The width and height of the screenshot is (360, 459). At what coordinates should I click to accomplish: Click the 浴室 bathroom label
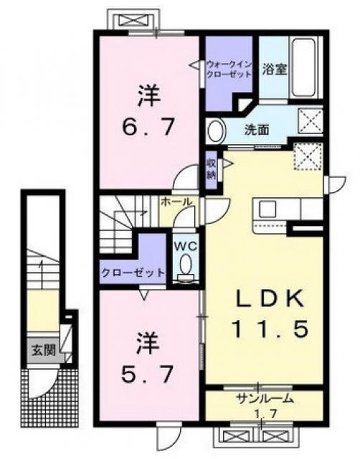pos(274,70)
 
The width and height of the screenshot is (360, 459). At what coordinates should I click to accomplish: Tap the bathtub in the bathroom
pos(304,68)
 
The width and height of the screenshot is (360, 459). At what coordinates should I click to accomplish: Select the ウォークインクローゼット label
pos(229,69)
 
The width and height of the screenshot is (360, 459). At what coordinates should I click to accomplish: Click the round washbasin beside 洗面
pos(216,131)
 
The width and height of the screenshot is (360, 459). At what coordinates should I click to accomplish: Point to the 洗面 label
pos(257,131)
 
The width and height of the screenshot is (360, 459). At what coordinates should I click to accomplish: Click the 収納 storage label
pos(211,169)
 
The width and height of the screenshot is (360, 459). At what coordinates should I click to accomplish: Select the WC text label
pos(186,247)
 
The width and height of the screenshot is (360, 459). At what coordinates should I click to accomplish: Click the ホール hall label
pos(176,202)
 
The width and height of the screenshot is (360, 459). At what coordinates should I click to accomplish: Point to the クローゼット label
pos(133,273)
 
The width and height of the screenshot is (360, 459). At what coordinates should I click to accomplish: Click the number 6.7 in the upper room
pos(148,126)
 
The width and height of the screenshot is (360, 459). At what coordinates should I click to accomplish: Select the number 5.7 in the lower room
pos(146,374)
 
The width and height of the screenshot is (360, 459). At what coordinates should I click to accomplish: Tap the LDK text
pos(270,299)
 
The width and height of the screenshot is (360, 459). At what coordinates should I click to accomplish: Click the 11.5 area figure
pos(270,328)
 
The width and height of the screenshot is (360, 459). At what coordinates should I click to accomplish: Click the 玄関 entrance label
pos(43,350)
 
